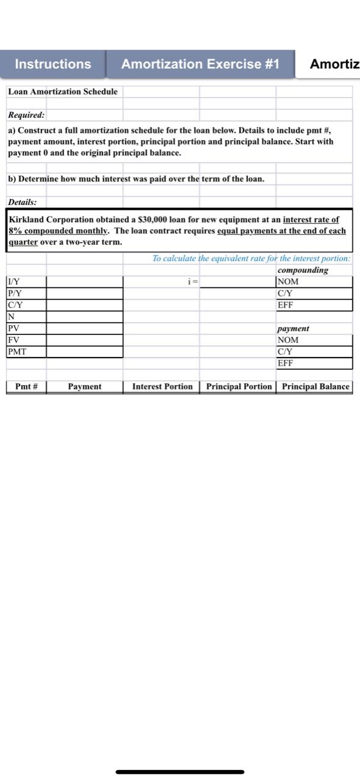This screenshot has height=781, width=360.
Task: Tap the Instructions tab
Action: tap(53, 64)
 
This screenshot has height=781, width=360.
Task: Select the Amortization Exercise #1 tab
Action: tap(200, 64)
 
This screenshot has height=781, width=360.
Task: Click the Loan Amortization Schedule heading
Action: tap(63, 92)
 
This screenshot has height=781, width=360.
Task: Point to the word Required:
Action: tap(26, 115)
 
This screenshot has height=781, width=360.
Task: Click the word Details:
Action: tap(23, 201)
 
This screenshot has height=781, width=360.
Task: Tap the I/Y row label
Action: tap(13, 282)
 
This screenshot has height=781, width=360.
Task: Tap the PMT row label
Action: tap(16, 351)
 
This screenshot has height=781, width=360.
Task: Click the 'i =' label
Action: tap(193, 282)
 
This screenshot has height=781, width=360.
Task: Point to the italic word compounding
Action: tap(303, 270)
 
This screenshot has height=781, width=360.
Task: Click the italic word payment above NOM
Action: tap(293, 328)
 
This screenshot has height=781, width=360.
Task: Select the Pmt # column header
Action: tap(26, 386)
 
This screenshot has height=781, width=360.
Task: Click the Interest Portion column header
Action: tap(162, 386)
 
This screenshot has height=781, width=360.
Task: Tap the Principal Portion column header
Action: tap(239, 386)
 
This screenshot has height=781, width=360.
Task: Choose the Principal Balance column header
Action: tap(315, 386)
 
